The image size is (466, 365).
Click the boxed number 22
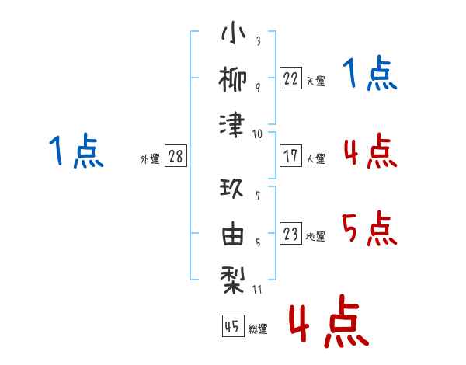290,78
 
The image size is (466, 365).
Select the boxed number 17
290,155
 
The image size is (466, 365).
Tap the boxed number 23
290,234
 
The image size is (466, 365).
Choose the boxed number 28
176,156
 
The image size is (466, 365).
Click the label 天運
315,81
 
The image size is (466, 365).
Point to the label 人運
315,158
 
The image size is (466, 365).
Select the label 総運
258,329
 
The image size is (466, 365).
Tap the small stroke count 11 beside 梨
257,290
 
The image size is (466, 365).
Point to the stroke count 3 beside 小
257,41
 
